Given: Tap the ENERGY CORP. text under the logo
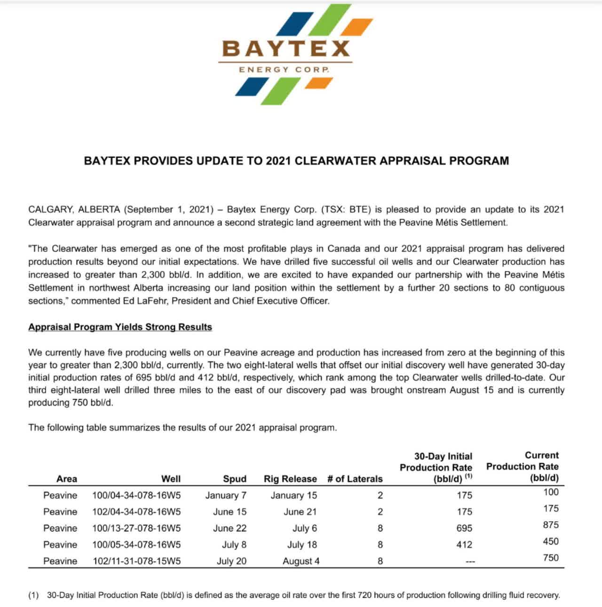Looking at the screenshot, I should [284, 70].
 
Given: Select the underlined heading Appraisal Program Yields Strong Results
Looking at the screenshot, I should [120, 327].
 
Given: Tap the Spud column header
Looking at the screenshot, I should [235, 479].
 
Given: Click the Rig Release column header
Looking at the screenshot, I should [290, 479].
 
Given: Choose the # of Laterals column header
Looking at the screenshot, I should [355, 479].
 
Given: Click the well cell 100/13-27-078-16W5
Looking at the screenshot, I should [136, 528].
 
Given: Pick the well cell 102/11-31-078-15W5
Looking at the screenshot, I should [136, 561].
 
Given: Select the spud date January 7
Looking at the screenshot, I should [226, 495].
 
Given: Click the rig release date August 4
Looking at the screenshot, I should [301, 561].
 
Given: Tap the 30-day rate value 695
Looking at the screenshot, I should [464, 528].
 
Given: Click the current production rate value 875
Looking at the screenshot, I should [550, 525].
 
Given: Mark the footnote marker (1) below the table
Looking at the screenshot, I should [33, 595].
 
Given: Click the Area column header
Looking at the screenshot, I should [66, 479].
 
